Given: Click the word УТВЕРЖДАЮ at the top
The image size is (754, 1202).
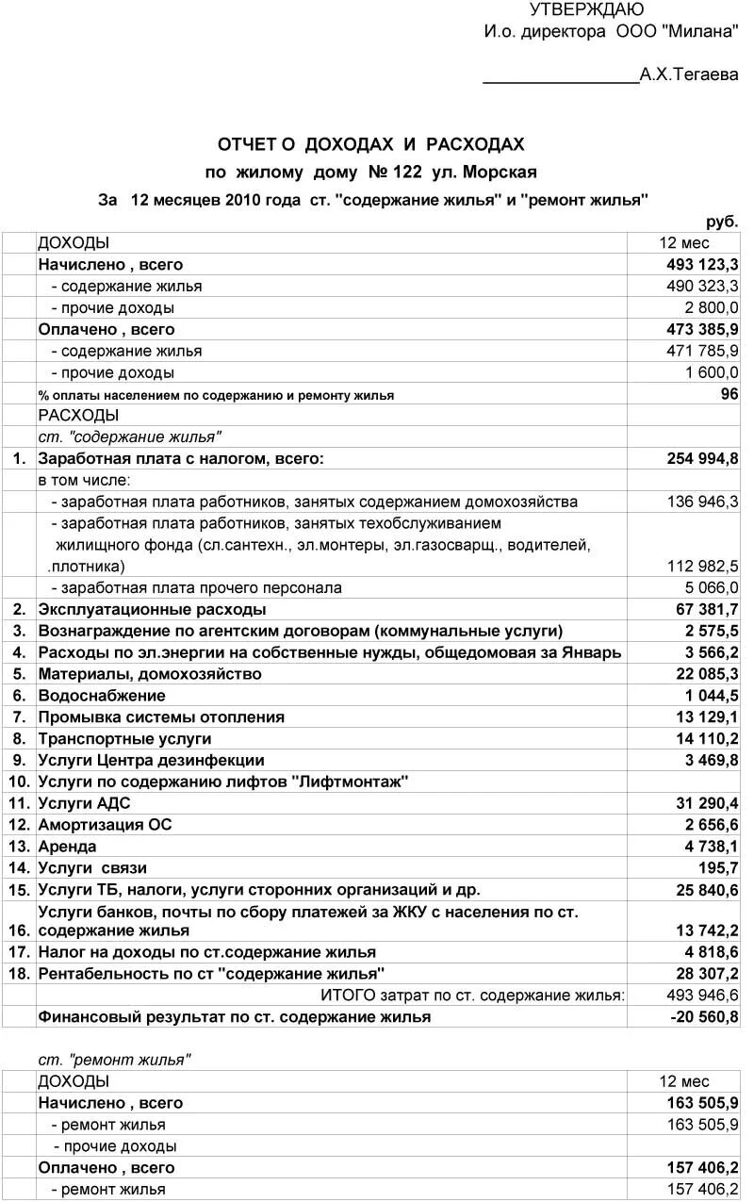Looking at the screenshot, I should tap(586, 10).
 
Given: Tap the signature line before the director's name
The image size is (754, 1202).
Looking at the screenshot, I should tap(561, 79).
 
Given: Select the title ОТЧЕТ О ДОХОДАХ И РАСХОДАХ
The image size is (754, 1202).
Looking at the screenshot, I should tap(370, 145).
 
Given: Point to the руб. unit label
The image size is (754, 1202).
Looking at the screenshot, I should tap(723, 222).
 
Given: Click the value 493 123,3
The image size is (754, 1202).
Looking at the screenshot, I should tap(702, 265).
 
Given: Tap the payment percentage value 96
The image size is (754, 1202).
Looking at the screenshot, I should tap(729, 394).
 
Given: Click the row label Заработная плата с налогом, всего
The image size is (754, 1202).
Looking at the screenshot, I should tap(181, 459).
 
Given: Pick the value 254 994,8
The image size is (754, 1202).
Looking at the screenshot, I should tap(702, 459).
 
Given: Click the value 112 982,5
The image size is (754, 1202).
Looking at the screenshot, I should tap(703, 567).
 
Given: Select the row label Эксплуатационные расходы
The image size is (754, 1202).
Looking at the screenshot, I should tap(152, 610).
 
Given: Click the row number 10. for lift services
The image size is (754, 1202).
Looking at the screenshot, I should tap(20, 782).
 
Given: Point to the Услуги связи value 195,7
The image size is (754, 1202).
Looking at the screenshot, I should tap(719, 868).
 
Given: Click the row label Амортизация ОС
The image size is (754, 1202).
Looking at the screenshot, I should tap(105, 825).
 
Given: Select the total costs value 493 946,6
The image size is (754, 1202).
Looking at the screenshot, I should tap(703, 996).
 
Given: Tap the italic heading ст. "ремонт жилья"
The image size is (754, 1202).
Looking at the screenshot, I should tap(114, 1061).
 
